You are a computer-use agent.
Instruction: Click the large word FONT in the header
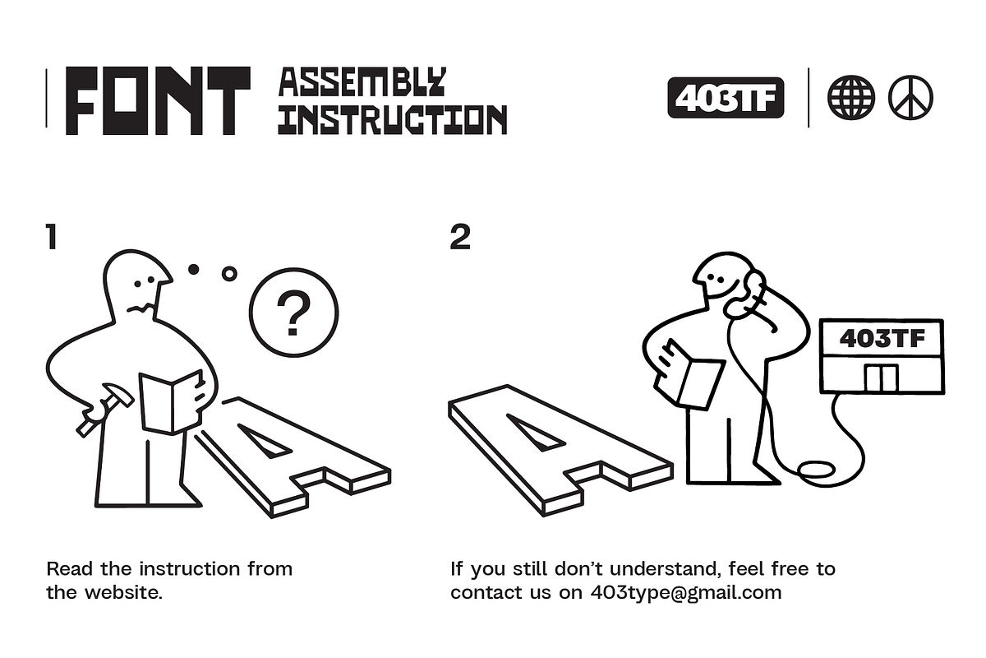point(158,100)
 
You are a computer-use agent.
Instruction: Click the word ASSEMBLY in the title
point(362,82)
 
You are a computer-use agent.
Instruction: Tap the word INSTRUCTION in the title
point(393,119)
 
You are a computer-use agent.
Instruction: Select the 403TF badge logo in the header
point(726,98)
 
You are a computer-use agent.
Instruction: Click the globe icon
point(851,97)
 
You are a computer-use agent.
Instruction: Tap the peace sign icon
point(910,97)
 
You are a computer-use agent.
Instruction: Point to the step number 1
point(52,237)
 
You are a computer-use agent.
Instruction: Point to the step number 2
point(460,237)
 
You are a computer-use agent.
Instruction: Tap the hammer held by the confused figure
point(105,410)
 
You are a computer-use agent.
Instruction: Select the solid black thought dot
point(193,269)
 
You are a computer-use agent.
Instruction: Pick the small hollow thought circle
point(229,274)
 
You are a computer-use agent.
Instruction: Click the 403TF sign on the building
point(882,339)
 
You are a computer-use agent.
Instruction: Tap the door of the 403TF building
point(881,378)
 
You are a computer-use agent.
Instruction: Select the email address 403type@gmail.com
point(686,593)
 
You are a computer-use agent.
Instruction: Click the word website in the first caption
point(124,593)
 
